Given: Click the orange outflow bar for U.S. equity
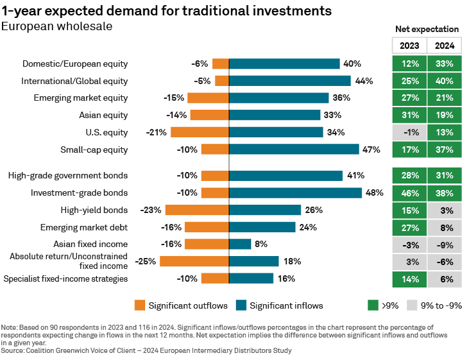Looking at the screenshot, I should click(200, 132).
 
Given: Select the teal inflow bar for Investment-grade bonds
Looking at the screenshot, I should click(295, 193).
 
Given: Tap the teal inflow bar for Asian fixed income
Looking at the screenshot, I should click(240, 244).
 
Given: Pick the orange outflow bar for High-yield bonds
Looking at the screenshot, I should click(197, 210).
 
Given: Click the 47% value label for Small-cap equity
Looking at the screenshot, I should click(372, 150).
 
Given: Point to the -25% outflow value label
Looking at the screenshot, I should click(144, 261).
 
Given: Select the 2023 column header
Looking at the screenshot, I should click(409, 46).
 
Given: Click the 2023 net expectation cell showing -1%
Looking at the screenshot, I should click(409, 132).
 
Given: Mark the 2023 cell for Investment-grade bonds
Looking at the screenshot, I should click(409, 193).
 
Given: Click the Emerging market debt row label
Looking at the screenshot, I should click(84, 227).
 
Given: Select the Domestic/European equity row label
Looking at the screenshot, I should click(75, 64).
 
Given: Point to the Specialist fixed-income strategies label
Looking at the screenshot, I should click(65, 279).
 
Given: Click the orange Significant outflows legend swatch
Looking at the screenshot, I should click(140, 305).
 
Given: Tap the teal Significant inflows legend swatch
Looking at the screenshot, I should click(241, 305).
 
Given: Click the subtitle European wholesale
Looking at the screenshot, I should click(57, 26).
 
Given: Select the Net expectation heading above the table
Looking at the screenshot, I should click(427, 29).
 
